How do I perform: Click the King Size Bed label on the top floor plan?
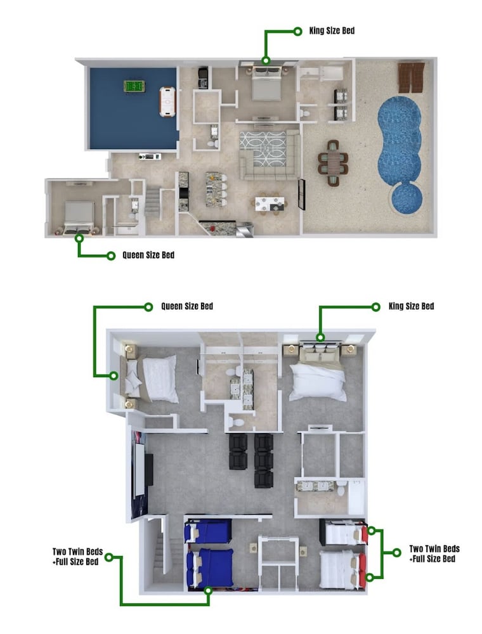332,30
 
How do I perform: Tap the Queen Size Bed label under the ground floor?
148,255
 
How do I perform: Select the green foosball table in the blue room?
134,86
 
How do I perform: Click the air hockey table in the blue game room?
167,101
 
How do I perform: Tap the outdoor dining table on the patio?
333,163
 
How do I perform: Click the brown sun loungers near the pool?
411,77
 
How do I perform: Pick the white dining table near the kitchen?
270,204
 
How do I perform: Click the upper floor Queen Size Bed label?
187,306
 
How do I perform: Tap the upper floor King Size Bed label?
411,306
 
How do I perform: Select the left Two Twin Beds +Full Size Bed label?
77,557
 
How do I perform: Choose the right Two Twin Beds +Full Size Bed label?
434,554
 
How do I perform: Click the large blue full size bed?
210,567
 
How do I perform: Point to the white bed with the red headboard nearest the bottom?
343,570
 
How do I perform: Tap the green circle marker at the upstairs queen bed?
114,376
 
